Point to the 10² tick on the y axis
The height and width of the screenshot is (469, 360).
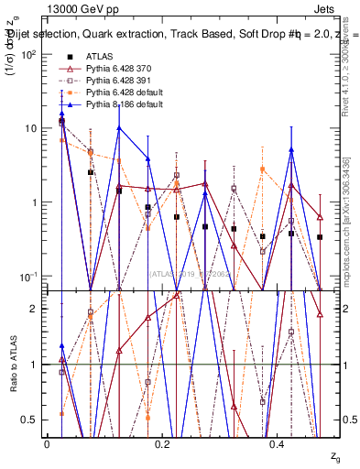click(x=28, y=55)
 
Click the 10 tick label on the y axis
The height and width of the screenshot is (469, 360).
click(x=30, y=128)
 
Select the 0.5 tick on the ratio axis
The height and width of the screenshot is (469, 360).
click(x=30, y=420)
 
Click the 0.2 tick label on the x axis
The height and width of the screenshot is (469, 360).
click(x=162, y=443)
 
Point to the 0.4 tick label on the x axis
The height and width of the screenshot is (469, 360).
click(x=278, y=443)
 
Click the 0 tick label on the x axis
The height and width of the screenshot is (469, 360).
click(x=47, y=443)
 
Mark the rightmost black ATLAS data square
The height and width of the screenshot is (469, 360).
click(x=320, y=237)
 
